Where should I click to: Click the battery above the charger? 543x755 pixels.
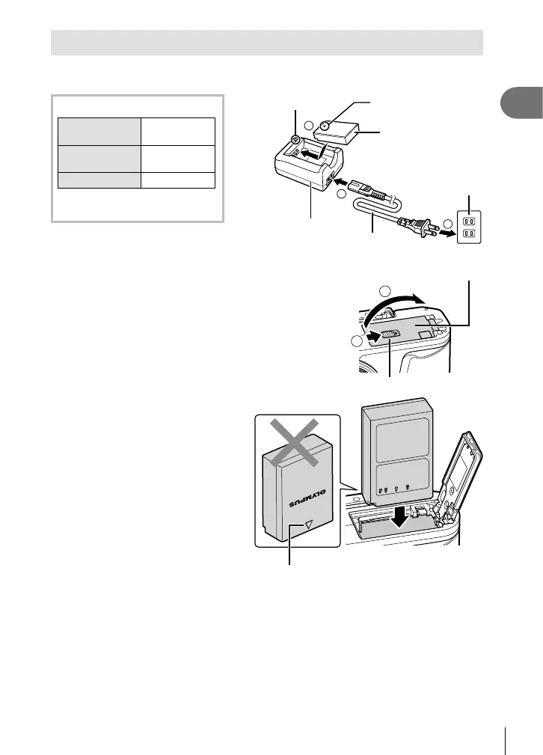tap(344, 133)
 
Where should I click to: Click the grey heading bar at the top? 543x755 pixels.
tap(266, 43)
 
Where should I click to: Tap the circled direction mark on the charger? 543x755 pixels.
tap(296, 139)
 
